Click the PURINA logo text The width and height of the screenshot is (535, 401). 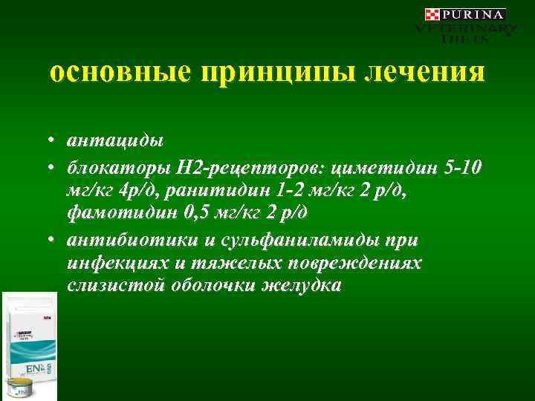[474, 14]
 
